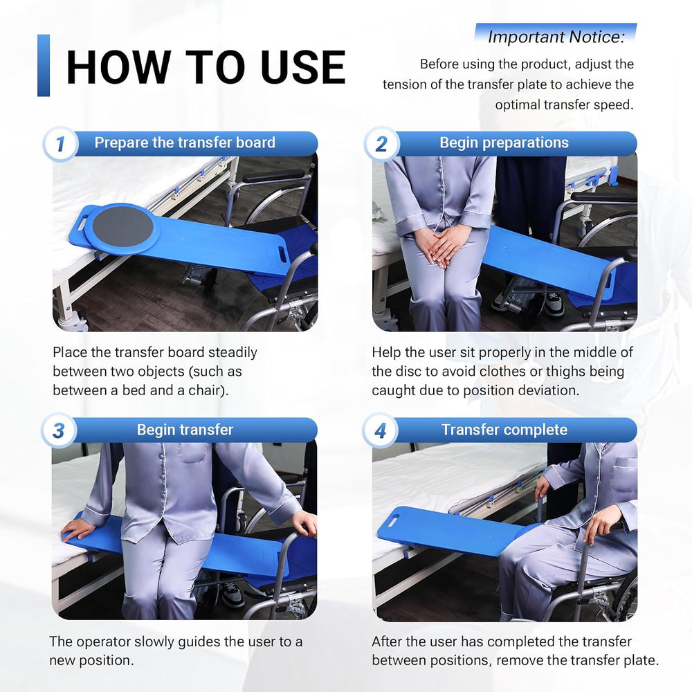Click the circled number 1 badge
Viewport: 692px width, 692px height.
[60, 143]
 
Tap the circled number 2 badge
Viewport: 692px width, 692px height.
[381, 143]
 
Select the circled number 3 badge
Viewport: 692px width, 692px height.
[59, 430]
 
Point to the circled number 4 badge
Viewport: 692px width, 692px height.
[380, 430]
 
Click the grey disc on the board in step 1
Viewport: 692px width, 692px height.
[122, 226]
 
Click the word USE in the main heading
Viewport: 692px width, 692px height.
[303, 67]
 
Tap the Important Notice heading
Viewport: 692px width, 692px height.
[556, 37]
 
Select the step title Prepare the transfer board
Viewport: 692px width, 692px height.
[185, 143]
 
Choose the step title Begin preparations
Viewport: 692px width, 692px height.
[504, 143]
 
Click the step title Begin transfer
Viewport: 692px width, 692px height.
[185, 430]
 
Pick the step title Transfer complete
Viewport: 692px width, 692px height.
[504, 430]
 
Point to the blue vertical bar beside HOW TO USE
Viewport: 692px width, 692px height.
[43, 65]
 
